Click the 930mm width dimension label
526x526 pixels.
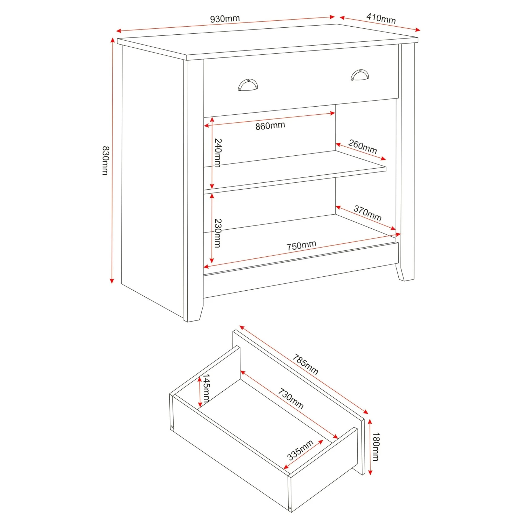pos(225,19)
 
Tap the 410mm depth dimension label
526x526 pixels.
pos(381,18)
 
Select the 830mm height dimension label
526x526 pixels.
pos(105,160)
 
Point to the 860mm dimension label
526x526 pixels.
pos(270,126)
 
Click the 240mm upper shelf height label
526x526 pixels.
pos(218,153)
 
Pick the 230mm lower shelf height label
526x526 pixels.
pos(218,233)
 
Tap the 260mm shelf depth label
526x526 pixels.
pos(363,147)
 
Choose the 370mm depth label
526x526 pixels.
pos(367,213)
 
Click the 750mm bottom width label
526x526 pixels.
pos(301,245)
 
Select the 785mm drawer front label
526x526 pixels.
pos(305,365)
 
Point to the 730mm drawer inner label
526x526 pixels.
pos(291,399)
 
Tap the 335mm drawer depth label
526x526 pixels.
pos(300,450)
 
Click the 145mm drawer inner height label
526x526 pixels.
pos(207,388)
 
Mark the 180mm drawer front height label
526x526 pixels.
pos(376,447)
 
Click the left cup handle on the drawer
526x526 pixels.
pos(248,85)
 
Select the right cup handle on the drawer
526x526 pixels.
pos(360,75)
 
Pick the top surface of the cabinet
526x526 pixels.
pos(267,40)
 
